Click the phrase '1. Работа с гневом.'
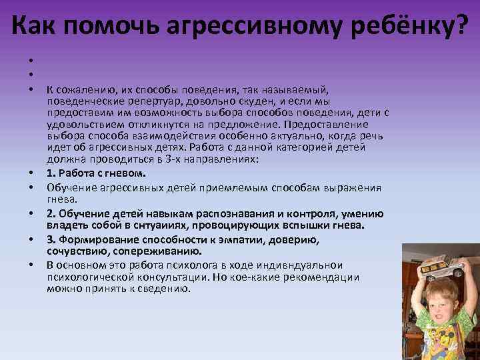(x=91, y=173)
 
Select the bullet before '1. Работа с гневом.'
(x=31, y=173)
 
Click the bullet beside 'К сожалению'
(x=31, y=89)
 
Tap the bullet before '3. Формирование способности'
(x=31, y=240)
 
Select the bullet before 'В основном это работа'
(x=31, y=265)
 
